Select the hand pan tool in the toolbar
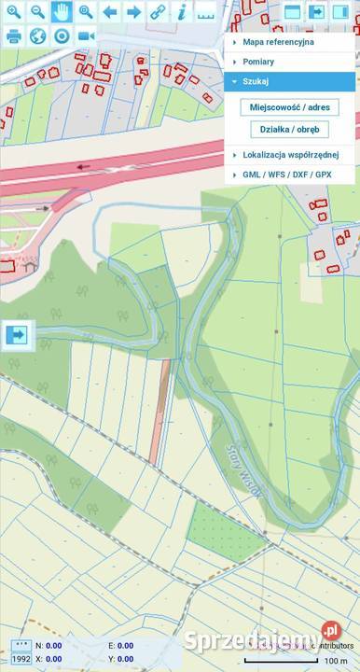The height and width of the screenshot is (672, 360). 62,12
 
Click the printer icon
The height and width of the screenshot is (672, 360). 14,36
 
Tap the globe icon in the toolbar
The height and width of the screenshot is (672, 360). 38,36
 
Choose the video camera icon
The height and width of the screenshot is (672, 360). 87,36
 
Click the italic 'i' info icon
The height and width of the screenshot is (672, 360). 182,12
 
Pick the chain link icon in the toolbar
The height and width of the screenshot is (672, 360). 158,12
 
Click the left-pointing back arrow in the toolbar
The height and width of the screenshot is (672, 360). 110,12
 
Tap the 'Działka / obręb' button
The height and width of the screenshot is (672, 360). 289,130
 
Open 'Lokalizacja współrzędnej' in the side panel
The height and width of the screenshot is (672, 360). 290,154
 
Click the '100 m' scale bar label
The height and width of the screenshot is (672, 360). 336,661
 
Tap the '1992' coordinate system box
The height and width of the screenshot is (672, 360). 20,659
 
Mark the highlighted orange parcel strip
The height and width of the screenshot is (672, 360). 160,411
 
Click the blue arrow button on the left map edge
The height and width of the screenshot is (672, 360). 18,334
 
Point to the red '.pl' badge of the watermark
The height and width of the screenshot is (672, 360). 330,632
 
